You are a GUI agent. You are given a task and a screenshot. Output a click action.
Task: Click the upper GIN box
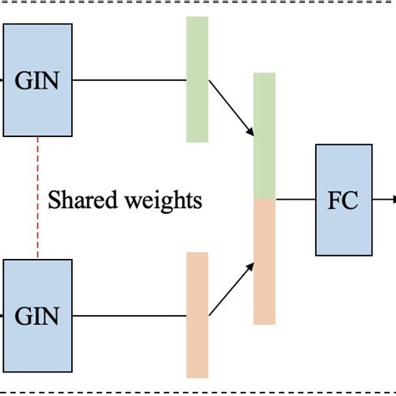38,80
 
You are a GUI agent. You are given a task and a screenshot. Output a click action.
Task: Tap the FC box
343,199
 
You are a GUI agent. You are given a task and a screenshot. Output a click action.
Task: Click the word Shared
83,201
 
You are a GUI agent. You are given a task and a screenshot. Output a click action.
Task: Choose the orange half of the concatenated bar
264,261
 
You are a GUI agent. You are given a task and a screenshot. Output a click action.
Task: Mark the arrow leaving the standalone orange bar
231,289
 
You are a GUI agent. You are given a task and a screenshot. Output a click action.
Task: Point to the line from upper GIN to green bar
129,80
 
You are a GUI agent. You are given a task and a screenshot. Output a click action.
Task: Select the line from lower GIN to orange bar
129,317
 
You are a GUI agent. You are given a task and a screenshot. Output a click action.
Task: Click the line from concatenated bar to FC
295,200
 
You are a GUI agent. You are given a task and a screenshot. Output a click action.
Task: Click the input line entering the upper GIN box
3,80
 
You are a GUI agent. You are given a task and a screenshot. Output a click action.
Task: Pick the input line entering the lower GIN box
3,317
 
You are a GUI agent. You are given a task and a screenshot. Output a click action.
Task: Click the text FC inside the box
343,201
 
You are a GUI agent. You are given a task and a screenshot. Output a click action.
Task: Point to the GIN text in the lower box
38,317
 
